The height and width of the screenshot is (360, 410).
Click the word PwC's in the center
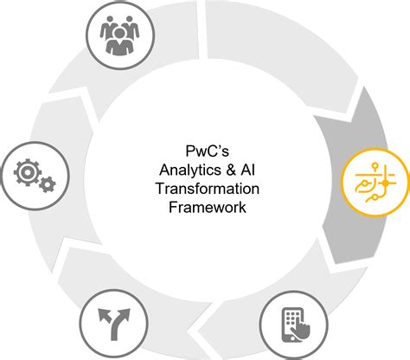click(x=208, y=151)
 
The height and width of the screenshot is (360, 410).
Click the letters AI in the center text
click(x=247, y=170)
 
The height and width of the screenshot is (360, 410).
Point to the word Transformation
click(x=208, y=189)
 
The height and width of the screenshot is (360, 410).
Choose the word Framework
click(x=208, y=207)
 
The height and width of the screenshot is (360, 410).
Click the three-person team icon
click(x=119, y=35)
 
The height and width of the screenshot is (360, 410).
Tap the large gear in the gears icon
click(x=28, y=172)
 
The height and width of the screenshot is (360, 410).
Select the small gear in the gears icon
click(x=48, y=184)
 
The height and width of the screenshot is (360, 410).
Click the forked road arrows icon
click(x=114, y=324)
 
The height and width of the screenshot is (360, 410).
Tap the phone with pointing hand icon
click(x=295, y=325)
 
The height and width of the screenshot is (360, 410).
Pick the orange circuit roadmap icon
click(x=375, y=183)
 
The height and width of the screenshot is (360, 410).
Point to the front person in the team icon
click(x=119, y=41)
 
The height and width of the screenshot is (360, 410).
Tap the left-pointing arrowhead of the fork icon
click(x=104, y=315)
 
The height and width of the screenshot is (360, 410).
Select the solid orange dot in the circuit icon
click(x=385, y=183)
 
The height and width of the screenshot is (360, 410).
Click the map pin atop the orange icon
click(x=375, y=167)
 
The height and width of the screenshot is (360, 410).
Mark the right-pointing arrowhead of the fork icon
click(x=125, y=314)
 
